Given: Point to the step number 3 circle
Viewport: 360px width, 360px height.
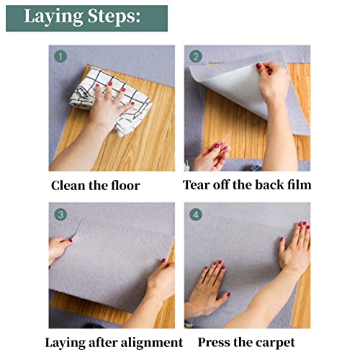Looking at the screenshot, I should pos(60,214).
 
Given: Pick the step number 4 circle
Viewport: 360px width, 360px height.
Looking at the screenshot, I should pos(196,214).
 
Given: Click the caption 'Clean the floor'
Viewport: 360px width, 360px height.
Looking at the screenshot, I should pos(95,185).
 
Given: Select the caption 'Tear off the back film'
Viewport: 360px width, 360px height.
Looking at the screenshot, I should pos(247,185).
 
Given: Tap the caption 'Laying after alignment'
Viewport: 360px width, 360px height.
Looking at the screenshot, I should pos(114,342).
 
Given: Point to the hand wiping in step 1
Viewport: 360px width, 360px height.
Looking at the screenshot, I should pos(108,108).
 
